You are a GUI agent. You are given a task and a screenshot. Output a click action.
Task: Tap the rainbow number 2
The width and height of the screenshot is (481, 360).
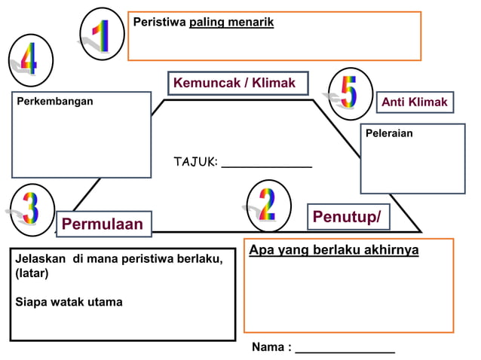click(x=268, y=205)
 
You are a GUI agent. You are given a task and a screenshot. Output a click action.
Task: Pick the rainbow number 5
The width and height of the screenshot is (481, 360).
click(x=349, y=92)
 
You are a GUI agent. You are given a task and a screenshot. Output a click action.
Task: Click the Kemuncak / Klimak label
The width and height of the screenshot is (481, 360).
click(x=234, y=83)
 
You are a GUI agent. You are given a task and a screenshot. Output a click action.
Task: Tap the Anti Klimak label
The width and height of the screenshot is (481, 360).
click(x=414, y=102)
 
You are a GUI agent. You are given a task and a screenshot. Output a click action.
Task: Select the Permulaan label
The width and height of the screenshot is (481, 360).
click(x=103, y=224)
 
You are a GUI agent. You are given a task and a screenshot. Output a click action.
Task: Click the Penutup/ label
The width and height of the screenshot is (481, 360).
click(x=347, y=218)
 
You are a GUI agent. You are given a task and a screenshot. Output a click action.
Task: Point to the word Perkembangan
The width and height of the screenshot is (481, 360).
click(x=55, y=101)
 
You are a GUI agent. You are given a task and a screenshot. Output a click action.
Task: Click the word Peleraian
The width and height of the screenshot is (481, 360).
click(x=389, y=133)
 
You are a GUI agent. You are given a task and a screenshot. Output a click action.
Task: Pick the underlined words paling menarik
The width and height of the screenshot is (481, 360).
click(x=231, y=23)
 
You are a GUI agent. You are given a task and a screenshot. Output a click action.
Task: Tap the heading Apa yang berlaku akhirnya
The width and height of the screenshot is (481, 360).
click(x=334, y=250)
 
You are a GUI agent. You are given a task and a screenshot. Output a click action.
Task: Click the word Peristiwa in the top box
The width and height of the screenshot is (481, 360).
click(x=159, y=23)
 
